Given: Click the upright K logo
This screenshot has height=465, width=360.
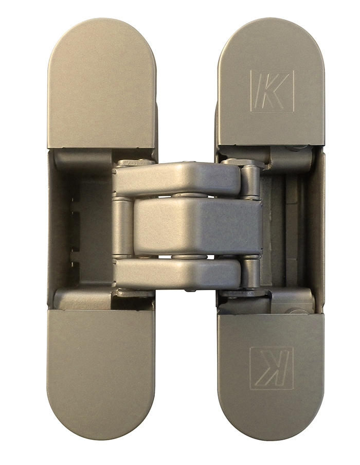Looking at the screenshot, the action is pos(272,91).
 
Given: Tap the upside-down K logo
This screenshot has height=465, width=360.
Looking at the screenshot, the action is pos(272,369).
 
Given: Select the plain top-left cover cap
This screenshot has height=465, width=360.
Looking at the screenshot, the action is pos(102,83).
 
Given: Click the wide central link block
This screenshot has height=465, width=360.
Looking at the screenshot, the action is pos(198,227).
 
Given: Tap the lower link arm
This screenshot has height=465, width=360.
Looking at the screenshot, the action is pos(177,275).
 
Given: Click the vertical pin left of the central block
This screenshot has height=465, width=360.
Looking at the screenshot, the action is pos(123,226).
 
